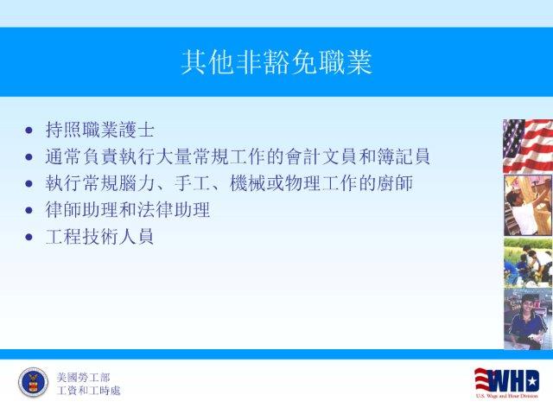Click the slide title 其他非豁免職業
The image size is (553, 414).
click(x=276, y=62)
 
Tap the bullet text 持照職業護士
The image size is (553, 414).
click(x=100, y=130)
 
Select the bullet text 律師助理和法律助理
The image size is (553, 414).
click(x=128, y=210)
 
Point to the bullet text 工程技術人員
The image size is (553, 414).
click(x=100, y=236)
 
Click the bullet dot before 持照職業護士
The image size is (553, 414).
click(x=29, y=131)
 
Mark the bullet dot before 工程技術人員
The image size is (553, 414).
click(x=29, y=237)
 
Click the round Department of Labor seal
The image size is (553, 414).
click(x=33, y=383)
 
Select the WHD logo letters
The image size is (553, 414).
click(x=507, y=380)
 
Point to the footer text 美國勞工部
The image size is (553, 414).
click(x=83, y=378)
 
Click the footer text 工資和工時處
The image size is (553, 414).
click(x=88, y=391)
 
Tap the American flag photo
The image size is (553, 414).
click(x=528, y=146)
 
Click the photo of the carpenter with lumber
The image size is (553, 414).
click(x=528, y=206)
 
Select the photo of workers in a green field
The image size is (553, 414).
click(x=528, y=263)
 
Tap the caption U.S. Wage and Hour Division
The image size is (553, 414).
click(x=507, y=396)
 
